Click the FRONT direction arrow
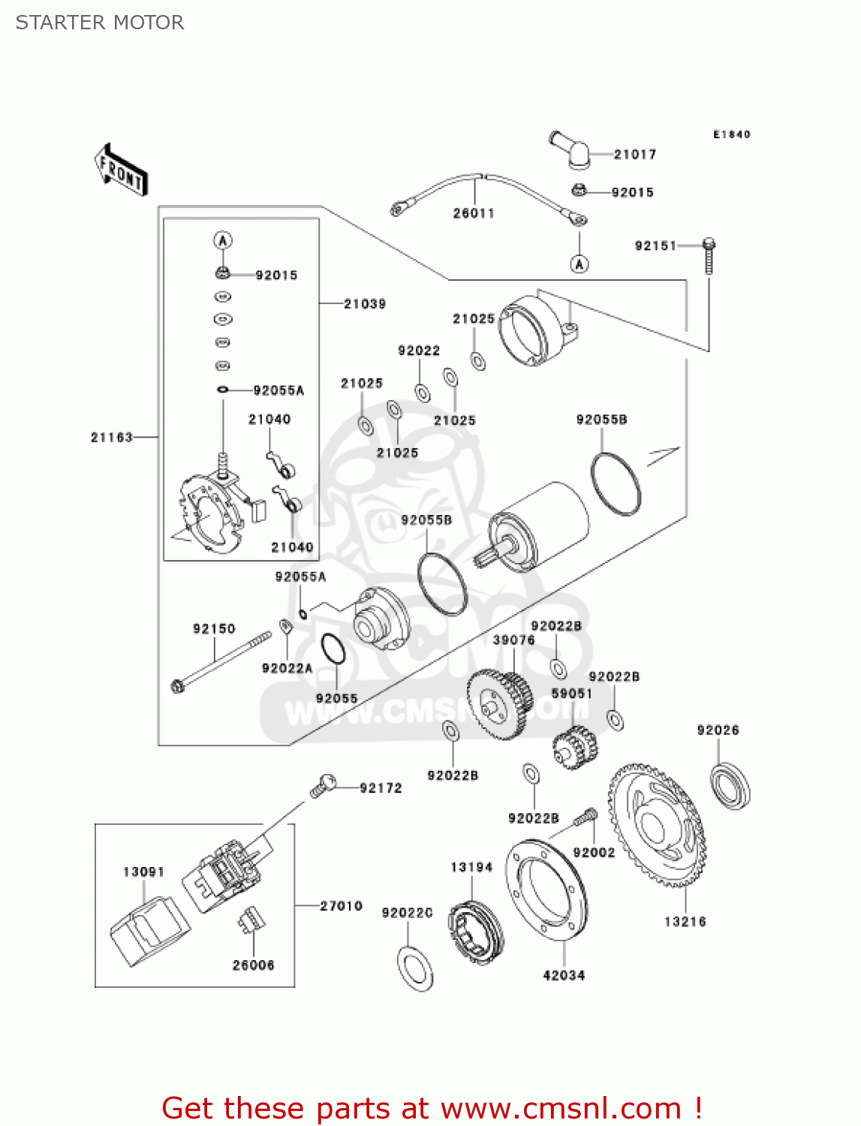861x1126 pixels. (x=121, y=170)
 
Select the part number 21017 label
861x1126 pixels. (x=635, y=155)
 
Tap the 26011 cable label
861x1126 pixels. (x=474, y=214)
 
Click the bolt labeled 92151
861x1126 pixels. (x=709, y=256)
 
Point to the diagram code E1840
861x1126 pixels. (x=732, y=134)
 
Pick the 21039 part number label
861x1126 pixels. (x=365, y=304)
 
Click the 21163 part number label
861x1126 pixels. (x=112, y=438)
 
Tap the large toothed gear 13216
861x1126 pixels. (x=657, y=825)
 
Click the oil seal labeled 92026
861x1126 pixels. (x=730, y=785)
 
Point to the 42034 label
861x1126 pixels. (x=564, y=976)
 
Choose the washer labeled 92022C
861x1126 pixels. (x=415, y=969)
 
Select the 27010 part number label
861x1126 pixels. (x=342, y=906)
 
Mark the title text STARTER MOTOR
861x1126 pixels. (x=100, y=23)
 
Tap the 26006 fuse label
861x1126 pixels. (x=253, y=965)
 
